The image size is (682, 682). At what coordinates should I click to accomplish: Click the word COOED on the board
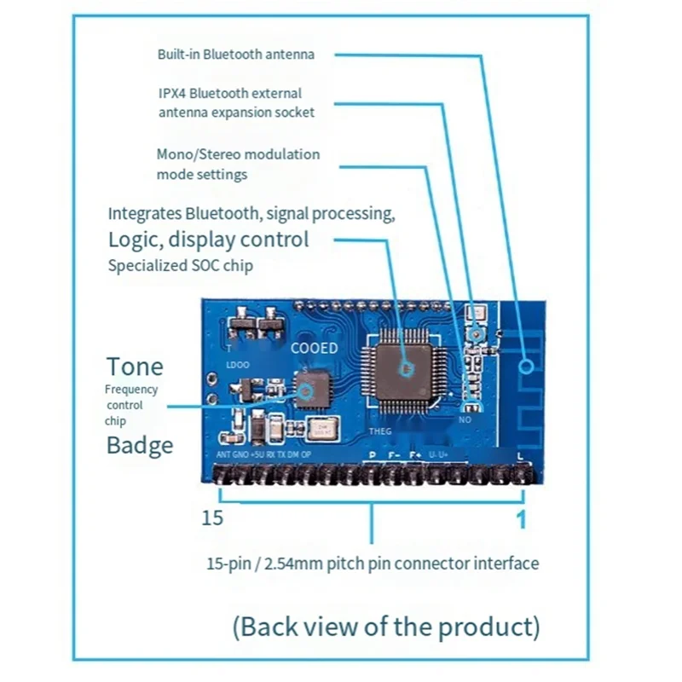click(314, 348)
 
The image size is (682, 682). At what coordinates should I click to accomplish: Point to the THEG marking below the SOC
click(379, 431)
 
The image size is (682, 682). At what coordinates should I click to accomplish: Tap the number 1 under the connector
click(522, 519)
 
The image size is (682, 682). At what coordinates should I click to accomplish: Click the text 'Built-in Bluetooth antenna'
click(235, 55)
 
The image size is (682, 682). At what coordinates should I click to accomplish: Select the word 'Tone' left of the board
click(134, 367)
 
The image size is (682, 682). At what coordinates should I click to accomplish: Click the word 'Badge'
click(140, 445)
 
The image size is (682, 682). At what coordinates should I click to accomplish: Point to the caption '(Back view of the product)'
click(386, 627)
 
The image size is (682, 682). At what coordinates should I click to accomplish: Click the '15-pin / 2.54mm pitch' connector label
click(372, 564)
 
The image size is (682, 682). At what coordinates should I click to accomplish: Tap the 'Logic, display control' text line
click(208, 240)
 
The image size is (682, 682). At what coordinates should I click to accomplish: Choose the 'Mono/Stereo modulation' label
click(238, 154)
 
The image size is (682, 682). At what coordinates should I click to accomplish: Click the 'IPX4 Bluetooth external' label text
click(229, 93)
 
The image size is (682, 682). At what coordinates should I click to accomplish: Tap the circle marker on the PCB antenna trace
click(528, 367)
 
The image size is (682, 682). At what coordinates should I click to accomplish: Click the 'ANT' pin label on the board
click(224, 455)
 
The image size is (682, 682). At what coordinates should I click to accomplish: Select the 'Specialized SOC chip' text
click(180, 265)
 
